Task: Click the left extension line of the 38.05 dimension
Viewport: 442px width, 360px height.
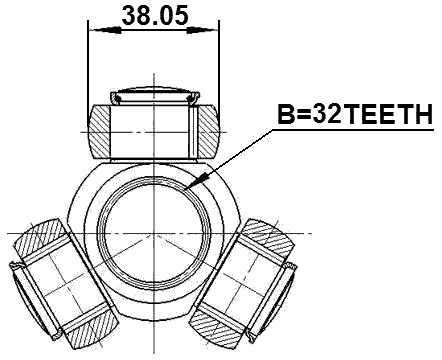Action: [89, 70]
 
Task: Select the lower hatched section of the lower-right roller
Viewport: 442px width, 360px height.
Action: [222, 329]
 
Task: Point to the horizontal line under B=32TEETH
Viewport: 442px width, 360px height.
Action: [355, 130]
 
